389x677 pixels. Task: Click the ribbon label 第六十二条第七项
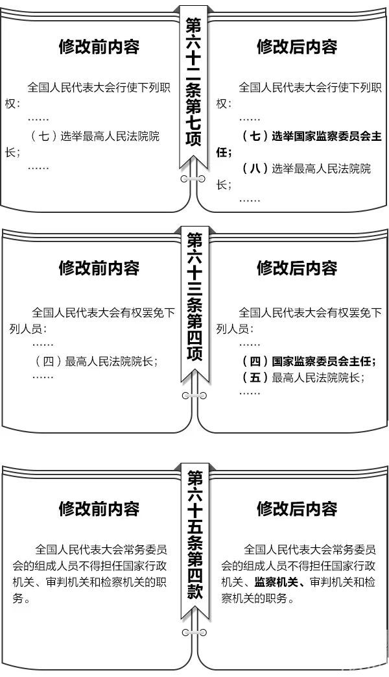tap(193, 82)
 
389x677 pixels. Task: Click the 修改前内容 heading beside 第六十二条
tap(99, 47)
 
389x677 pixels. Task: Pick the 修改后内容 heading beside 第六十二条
tap(297, 47)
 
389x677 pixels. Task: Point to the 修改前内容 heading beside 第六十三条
tap(99, 268)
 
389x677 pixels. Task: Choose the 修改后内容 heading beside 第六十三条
tap(297, 268)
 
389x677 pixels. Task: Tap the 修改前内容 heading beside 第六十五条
tap(99, 509)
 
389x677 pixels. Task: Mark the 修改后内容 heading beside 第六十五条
tap(297, 508)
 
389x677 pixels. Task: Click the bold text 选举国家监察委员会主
tap(327, 136)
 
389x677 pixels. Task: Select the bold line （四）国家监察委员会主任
tap(309, 361)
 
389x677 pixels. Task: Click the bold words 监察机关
tap(276, 582)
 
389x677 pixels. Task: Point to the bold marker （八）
tap(255, 168)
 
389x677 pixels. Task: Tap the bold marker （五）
tap(255, 378)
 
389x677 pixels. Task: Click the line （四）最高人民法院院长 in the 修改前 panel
tap(97, 362)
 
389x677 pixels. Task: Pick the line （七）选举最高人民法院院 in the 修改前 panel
tap(95, 136)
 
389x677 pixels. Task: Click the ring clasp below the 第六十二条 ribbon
tap(193, 178)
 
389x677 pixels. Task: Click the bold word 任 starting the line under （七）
tap(222, 153)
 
